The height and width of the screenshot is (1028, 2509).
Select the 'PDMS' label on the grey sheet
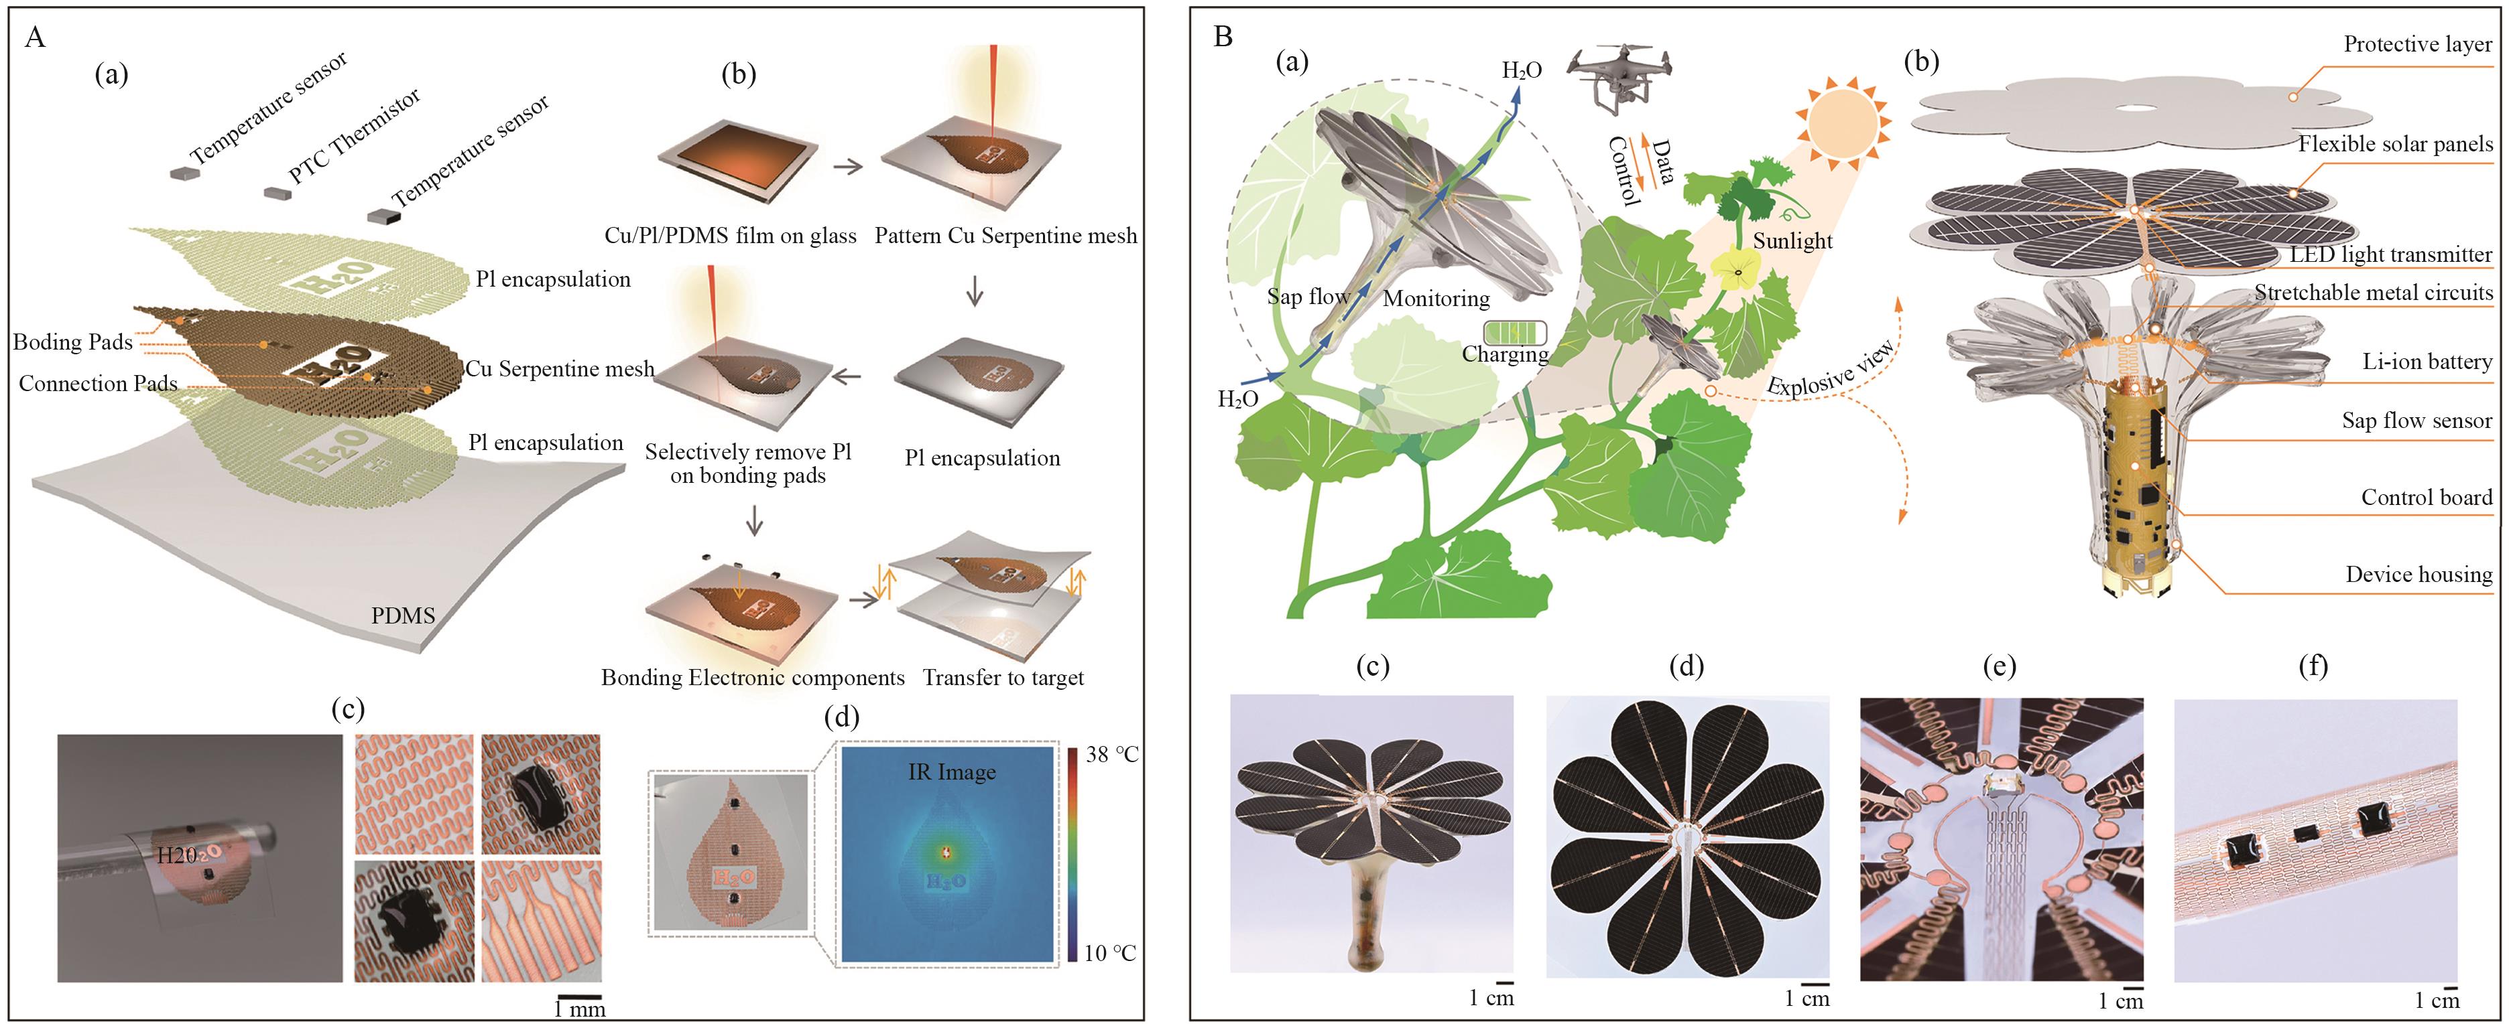404,615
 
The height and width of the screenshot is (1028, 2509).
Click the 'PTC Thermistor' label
355,135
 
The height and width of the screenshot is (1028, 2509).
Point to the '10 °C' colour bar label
1110,953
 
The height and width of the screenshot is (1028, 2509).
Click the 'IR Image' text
952,772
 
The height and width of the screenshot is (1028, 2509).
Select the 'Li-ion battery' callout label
2426,362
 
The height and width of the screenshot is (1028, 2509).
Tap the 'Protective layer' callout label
2416,44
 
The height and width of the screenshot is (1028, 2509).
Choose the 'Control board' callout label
2425,498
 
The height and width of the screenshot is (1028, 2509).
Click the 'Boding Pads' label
72,342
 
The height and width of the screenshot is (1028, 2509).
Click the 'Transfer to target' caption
1003,678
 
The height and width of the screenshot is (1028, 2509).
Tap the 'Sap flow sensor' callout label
2416,421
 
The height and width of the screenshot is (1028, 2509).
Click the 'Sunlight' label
1793,240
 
